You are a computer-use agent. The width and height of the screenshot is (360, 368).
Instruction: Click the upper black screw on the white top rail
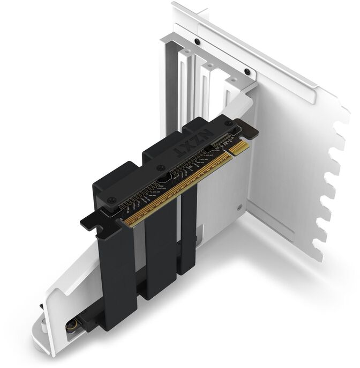coord(198,42)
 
